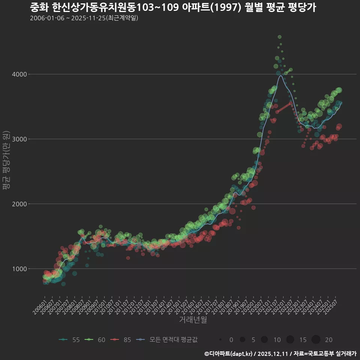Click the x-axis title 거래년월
point(193,320)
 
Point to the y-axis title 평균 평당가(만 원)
point(6,161)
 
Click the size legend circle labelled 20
point(316,340)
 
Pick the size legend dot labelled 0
point(220,340)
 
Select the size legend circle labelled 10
point(264,340)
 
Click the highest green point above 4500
point(279,37)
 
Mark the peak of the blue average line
point(280,76)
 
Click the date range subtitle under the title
point(84,18)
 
